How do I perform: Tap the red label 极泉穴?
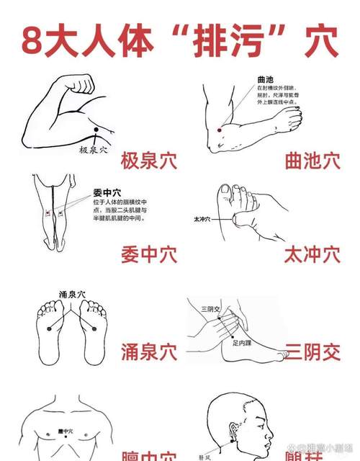point(148,160)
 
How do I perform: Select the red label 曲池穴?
point(312,160)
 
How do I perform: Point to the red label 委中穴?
point(148,255)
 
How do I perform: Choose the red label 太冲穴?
point(312,255)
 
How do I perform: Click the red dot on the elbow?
point(219,130)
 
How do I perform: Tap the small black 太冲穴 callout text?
point(201,218)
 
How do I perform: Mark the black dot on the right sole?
point(94,328)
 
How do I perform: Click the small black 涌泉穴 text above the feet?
point(72,295)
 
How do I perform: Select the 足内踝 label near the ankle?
point(242,343)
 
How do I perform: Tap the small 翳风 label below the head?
point(206,456)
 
